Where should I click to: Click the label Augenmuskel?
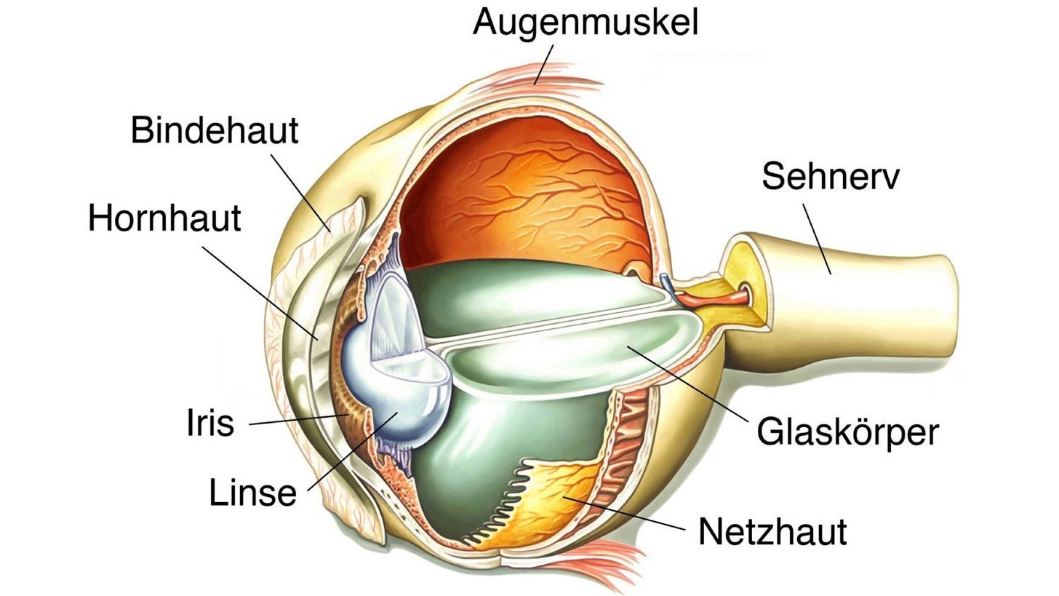point(585,23)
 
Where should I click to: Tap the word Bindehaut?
point(215,130)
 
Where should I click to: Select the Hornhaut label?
point(164,218)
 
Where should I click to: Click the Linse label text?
point(252,493)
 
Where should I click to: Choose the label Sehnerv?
point(830,176)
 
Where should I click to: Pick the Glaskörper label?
point(847,432)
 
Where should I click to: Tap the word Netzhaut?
point(772,532)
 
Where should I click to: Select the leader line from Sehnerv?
point(817,239)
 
